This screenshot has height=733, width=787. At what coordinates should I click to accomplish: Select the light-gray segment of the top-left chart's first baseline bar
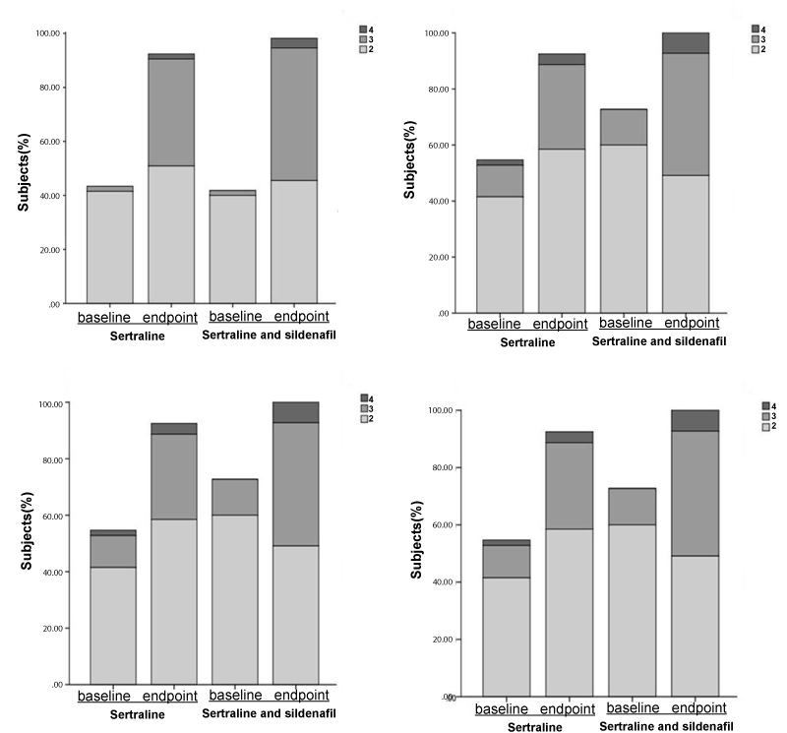109,247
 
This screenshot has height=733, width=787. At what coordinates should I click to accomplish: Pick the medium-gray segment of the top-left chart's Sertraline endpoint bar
171,112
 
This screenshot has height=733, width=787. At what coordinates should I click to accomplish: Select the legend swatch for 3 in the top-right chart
757,38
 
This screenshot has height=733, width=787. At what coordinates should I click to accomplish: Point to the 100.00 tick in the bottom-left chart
48,404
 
